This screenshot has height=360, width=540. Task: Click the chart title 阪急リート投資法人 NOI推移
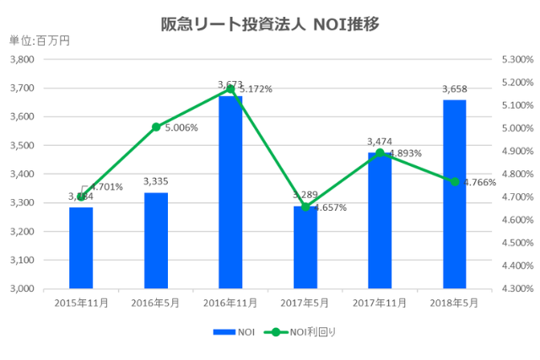click(x=270, y=24)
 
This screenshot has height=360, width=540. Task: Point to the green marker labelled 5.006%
click(x=156, y=127)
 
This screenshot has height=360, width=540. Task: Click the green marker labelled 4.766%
click(x=455, y=182)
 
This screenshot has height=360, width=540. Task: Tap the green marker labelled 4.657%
click(x=305, y=207)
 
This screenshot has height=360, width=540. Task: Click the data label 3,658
click(x=455, y=89)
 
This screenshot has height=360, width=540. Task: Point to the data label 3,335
click(x=156, y=181)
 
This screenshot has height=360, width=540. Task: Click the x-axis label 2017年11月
click(x=380, y=302)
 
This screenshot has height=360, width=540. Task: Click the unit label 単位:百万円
click(x=39, y=40)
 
